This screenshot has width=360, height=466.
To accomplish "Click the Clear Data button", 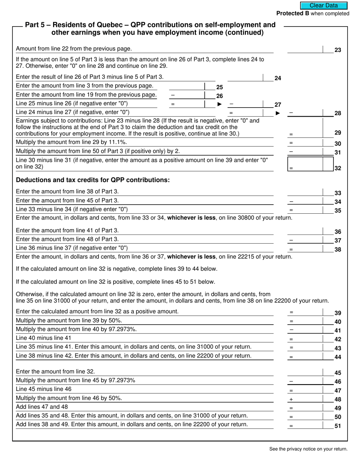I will (x=324, y=5).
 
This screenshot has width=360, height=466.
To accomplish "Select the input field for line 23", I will (x=305, y=49).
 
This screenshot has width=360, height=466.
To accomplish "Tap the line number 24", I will (x=278, y=78).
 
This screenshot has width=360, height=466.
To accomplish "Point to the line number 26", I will (x=219, y=96).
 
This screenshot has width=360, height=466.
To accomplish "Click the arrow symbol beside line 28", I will (x=278, y=113).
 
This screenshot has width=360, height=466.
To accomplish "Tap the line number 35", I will (x=338, y=211).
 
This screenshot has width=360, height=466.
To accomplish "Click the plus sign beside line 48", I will (x=291, y=399).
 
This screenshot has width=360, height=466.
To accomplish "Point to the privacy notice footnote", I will (x=308, y=449).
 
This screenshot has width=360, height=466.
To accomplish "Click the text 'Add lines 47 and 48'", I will (x=42, y=407).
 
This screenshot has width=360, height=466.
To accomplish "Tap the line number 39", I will (x=338, y=313).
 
